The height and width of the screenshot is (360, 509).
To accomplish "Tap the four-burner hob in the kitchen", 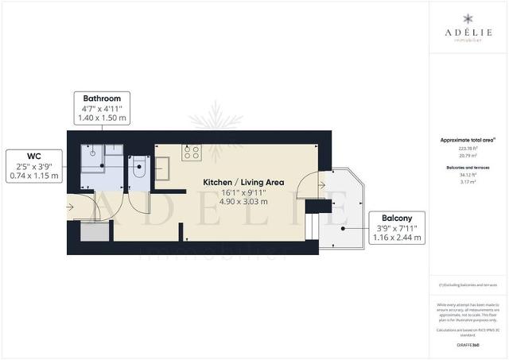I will (x=191, y=151).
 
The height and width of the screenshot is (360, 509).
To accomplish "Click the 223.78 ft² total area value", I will (x=468, y=149).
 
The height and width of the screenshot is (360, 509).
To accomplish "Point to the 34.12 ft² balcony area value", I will (x=468, y=175).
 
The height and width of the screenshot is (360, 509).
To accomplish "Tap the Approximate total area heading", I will (x=468, y=140).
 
